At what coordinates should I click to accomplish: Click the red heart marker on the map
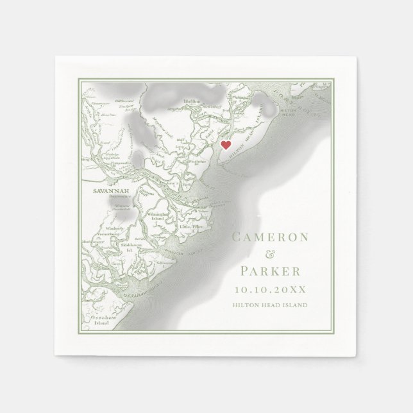click(226, 145)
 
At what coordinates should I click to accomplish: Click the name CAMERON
click(269, 237)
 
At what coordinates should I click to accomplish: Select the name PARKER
click(269, 269)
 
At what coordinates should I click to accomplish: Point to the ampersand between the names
click(269, 253)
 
